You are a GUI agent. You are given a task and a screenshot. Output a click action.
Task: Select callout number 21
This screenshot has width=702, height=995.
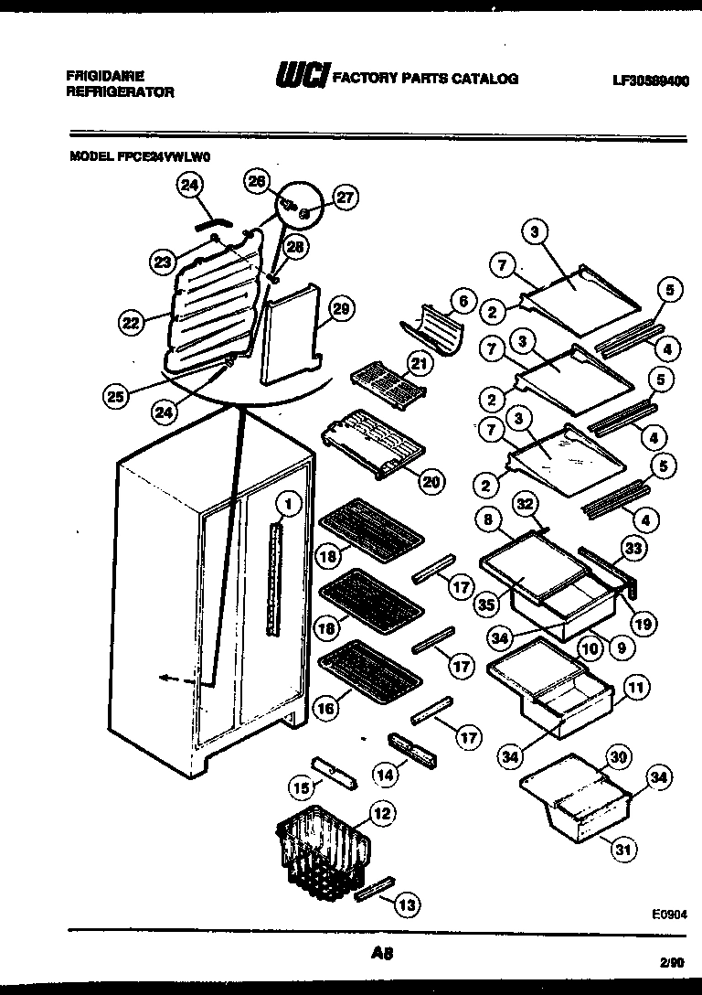pyautogui.click(x=419, y=364)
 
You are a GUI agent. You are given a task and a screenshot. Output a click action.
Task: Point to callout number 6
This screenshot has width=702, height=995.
pyautogui.click(x=463, y=301)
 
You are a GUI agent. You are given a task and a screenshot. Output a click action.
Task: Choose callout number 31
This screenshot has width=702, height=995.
pyautogui.click(x=623, y=851)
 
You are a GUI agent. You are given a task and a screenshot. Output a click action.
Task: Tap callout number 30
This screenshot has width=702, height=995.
pyautogui.click(x=618, y=756)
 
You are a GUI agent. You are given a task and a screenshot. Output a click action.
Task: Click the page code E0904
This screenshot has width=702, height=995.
pyautogui.click(x=669, y=914)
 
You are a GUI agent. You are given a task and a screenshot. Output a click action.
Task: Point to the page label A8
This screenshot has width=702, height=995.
pyautogui.click(x=382, y=953)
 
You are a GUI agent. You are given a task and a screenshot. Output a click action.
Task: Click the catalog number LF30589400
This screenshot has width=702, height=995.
pyautogui.click(x=650, y=80)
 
